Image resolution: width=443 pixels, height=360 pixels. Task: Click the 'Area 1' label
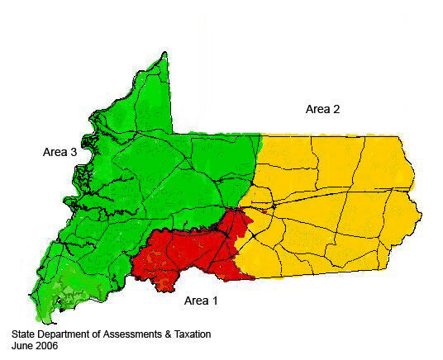200,301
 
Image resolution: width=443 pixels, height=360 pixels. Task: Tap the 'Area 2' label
323,109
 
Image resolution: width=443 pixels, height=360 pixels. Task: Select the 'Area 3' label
60,153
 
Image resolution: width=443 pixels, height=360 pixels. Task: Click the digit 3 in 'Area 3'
74,153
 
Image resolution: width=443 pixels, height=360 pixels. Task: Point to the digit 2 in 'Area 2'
337,109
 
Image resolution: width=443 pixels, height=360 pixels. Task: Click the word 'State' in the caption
25,334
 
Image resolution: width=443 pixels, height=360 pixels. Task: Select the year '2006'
49,347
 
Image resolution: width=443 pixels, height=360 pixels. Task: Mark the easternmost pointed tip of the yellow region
422,216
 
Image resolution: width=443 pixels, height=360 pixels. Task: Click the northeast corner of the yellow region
399,136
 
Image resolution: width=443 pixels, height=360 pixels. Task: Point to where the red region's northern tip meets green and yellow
238,210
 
